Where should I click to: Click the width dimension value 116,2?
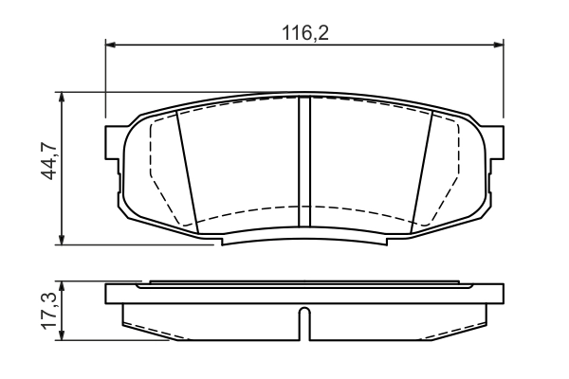303,32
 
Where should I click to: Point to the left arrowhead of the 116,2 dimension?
110,44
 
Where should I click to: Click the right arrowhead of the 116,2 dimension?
499,44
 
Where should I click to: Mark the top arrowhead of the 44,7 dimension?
63,97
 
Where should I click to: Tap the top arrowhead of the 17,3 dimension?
63,284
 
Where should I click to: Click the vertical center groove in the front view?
304,161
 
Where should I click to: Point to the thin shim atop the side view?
304,282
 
